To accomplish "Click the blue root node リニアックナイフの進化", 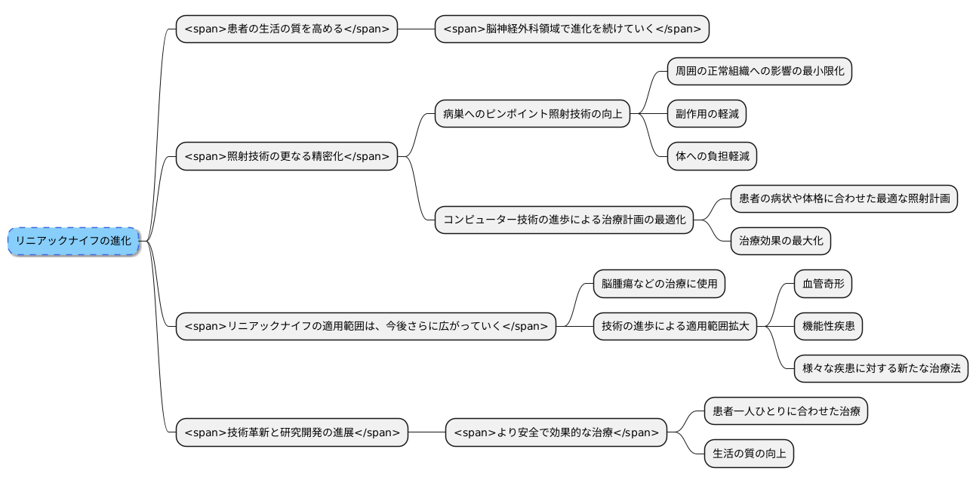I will point(73,241).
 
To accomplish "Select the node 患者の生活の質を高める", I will point(286,29).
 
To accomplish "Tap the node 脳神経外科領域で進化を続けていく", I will point(571,29).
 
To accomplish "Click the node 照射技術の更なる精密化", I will point(286,157).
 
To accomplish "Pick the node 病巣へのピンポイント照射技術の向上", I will point(532,115).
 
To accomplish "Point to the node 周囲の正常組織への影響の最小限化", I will point(759,72).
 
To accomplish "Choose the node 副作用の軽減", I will point(707,115).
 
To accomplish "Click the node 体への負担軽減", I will point(712,157).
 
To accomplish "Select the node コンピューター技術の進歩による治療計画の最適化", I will point(564,220).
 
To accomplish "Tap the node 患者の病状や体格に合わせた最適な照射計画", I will point(844,199).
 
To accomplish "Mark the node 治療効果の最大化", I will point(780,241).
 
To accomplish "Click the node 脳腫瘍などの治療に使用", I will point(659,284).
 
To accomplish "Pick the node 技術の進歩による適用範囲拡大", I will point(675,326).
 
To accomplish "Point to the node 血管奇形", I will point(823,284).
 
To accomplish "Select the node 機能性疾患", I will point(828,326).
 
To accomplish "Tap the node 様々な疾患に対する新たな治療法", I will point(881,368).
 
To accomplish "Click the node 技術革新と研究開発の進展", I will point(291,432).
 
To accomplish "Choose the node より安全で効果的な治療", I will point(556,432).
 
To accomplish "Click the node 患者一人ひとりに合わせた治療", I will point(786,411).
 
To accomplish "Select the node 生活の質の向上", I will point(749,454).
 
